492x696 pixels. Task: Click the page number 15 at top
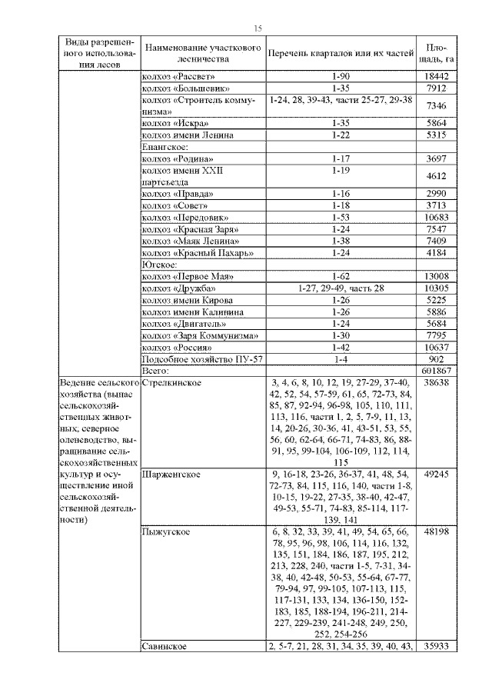click(x=258, y=28)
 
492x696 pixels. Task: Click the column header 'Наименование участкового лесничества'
click(x=202, y=52)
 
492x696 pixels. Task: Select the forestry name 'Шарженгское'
click(x=171, y=475)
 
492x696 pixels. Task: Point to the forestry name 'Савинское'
click(x=165, y=647)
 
